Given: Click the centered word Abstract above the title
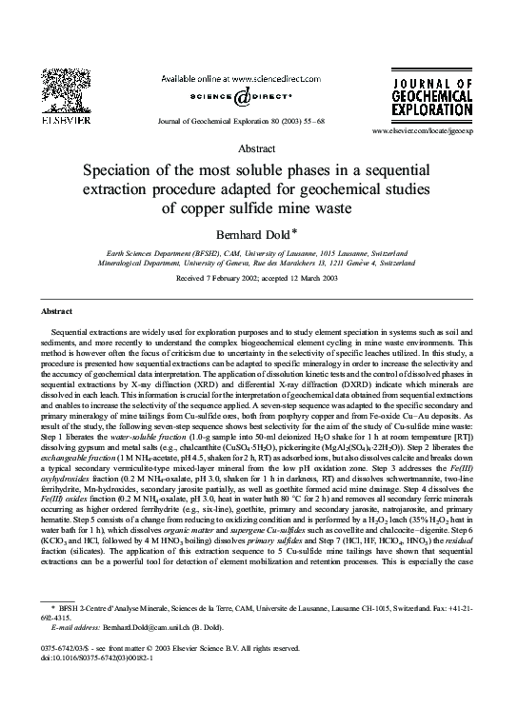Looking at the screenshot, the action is [259, 149].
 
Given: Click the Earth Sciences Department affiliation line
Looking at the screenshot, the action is [259, 256].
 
